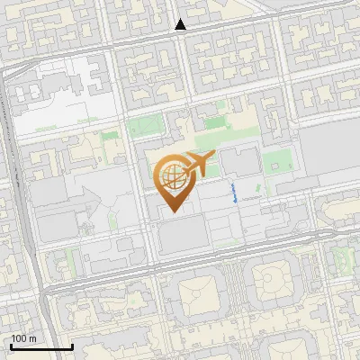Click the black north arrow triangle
(181, 25)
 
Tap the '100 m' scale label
(23, 338)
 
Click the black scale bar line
(41, 346)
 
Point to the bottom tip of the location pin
(173, 212)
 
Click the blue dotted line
(235, 193)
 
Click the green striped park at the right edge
(341, 261)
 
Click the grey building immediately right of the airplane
(239, 163)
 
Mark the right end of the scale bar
(72, 346)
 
